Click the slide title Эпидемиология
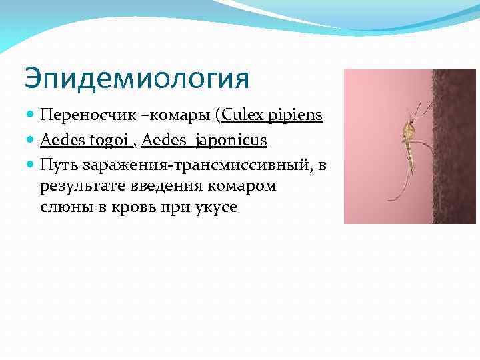137,79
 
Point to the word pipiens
297,117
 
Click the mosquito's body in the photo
408,137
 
